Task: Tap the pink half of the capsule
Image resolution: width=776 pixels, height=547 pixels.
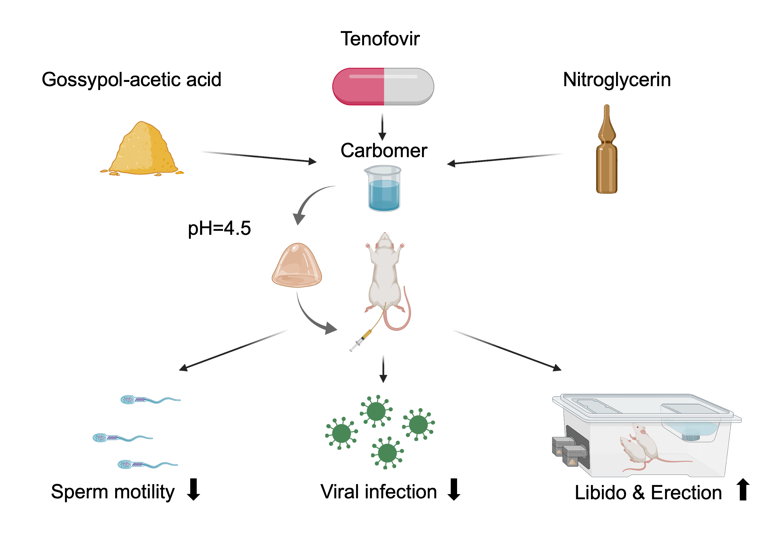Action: pos(358,86)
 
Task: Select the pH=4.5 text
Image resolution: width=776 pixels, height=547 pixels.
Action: pos(219,228)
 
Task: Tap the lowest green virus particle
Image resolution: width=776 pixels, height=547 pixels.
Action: pos(387,453)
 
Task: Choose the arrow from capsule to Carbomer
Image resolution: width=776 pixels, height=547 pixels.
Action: pos(382,127)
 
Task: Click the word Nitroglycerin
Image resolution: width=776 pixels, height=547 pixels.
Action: pos(616,80)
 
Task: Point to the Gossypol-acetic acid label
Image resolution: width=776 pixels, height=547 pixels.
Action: pos(131,80)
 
